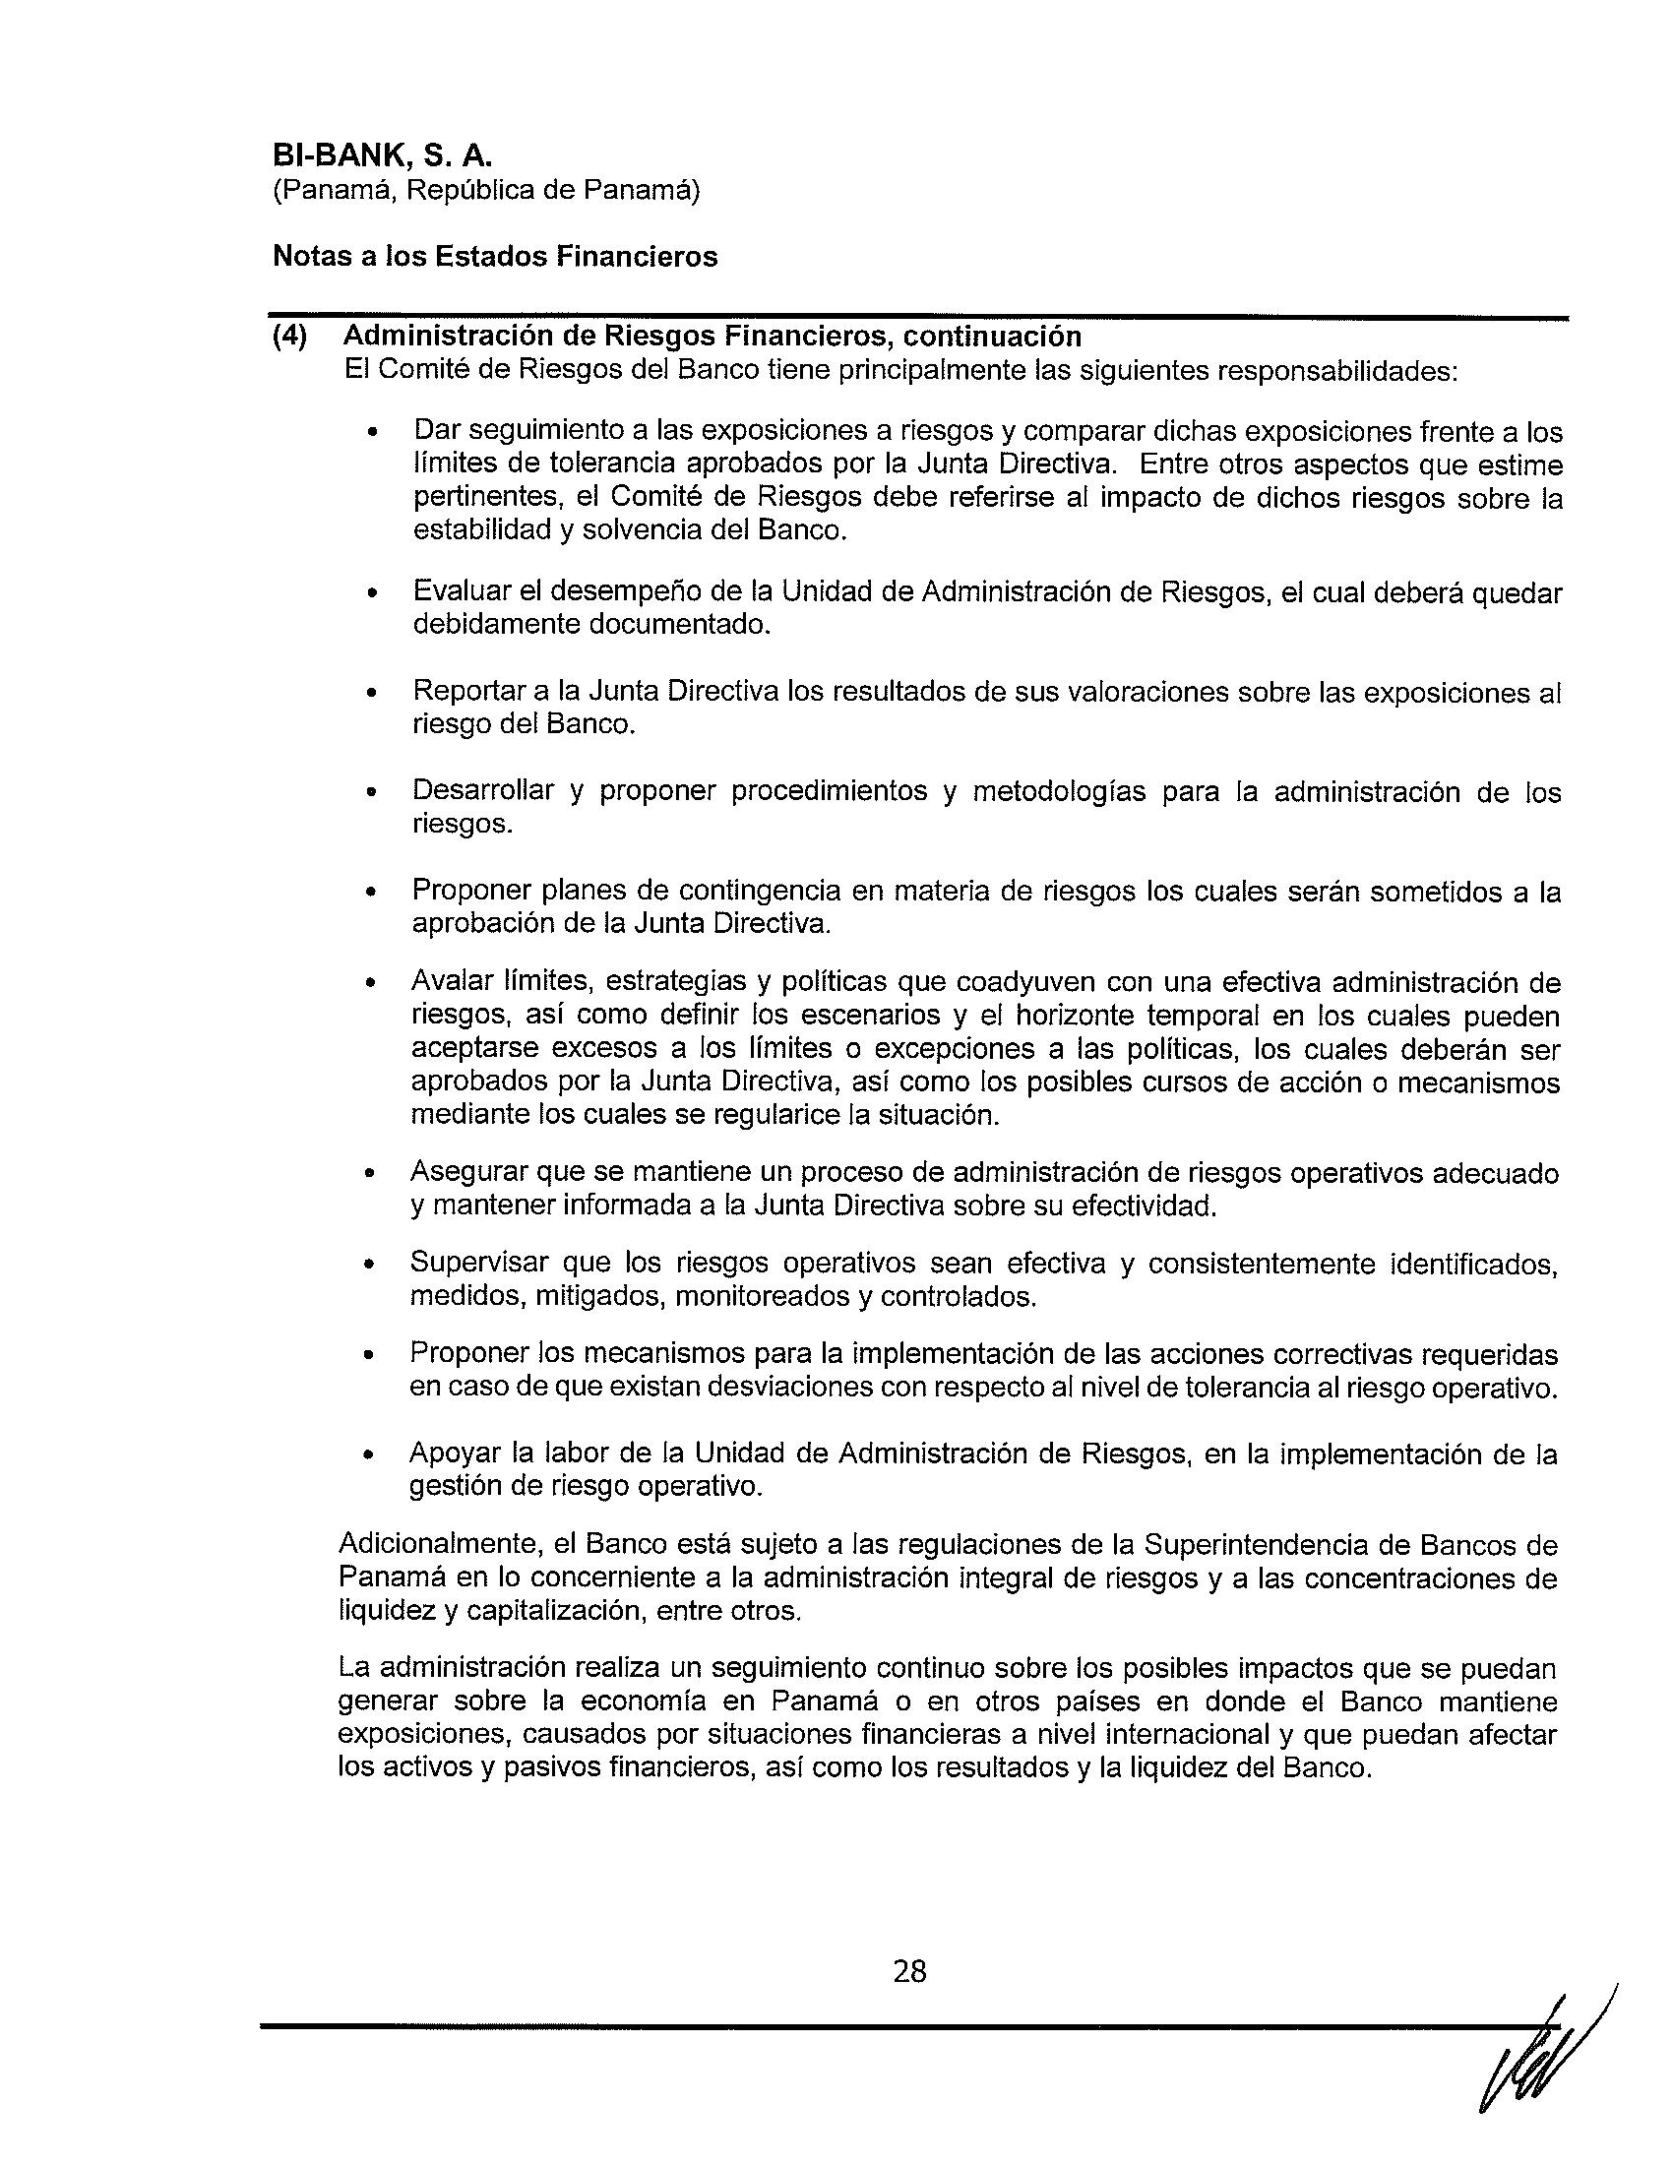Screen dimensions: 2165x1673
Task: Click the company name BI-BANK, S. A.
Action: tap(383, 156)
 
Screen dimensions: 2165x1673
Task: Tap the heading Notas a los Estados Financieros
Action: tap(495, 257)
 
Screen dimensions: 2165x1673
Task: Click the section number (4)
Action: tap(290, 337)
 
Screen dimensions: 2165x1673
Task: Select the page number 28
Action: tap(909, 1972)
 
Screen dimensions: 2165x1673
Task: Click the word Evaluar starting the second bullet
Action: tap(467, 591)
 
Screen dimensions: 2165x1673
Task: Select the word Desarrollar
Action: tap(483, 791)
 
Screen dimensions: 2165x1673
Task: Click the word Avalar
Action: tap(451, 981)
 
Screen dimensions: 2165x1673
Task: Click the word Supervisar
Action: tap(477, 1263)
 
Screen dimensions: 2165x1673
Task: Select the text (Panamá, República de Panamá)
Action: tap(486, 191)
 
